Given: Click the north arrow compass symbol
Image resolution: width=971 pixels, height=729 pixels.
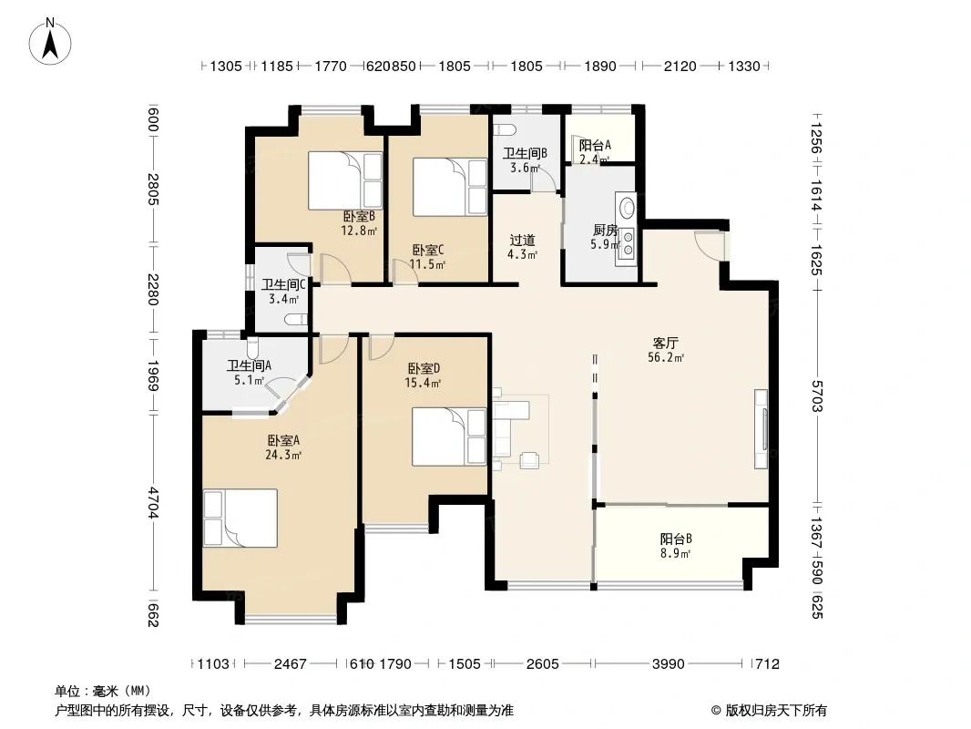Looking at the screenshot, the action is coord(50,41).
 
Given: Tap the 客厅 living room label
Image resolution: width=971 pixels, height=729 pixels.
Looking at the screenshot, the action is coord(666,343).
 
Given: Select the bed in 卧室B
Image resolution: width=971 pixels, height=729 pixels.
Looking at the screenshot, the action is coord(345,180).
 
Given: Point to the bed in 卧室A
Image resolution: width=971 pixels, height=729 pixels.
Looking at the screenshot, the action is coord(240,518).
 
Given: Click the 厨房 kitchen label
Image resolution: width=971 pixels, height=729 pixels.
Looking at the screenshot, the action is coord(605,231).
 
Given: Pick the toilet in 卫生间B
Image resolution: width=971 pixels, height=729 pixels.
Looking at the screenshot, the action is coord(506,130).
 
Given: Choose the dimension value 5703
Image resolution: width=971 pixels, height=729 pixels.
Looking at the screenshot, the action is coord(817,397).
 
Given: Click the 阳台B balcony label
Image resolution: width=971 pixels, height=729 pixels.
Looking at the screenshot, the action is coord(676,539).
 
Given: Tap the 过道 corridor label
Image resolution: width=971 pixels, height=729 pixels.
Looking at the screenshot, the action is coord(522,241).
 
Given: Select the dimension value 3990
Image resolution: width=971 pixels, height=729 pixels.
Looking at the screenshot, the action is coord(669,664).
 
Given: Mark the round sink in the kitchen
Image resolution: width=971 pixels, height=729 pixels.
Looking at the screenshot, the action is coord(628,206).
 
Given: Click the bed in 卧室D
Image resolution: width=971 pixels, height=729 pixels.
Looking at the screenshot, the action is coord(449,436).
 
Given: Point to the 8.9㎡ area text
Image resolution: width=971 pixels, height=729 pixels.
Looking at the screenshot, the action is coord(675,553).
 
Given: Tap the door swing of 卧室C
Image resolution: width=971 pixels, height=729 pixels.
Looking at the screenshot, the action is coord(405,272).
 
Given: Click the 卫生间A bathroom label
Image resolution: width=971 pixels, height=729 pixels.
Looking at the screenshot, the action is coord(249,365).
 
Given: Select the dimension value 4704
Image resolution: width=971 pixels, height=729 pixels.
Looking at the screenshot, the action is coord(154,503).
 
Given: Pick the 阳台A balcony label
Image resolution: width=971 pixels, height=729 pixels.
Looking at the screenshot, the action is coord(595,145).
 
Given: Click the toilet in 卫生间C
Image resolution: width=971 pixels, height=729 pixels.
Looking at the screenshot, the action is coord(296,319).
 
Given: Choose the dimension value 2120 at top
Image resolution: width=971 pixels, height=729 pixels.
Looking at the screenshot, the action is coord(680,66).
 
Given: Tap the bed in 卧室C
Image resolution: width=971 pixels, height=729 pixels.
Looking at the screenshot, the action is coord(450,187).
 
